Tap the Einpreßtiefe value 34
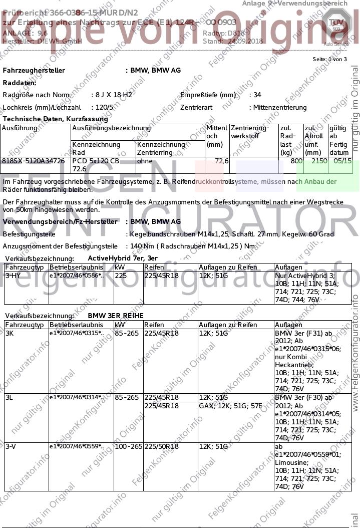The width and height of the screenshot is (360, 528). click(257, 95)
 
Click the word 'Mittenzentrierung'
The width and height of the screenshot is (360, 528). click(280, 107)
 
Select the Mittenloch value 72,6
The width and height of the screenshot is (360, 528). click(221, 161)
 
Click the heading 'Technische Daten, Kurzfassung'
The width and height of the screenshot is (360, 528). click(55, 119)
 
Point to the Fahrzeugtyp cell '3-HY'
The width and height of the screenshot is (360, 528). click(13, 276)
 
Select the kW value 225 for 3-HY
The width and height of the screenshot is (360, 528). click(121, 276)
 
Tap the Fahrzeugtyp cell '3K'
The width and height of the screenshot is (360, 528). click(10, 333)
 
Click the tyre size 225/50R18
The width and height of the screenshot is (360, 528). click(161, 446)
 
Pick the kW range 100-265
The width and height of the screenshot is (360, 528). click(128, 446)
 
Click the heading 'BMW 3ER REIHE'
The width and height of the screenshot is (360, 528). click(116, 316)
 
